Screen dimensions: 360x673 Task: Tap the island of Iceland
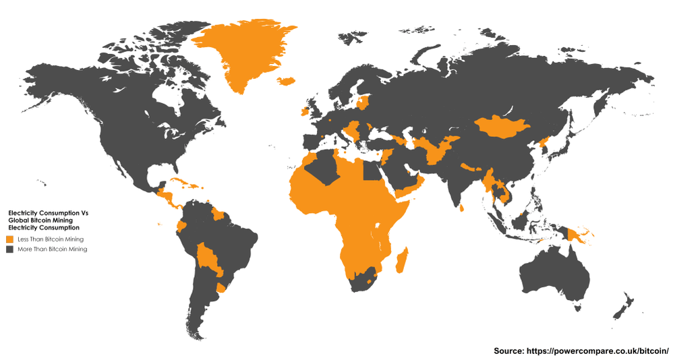[285, 81]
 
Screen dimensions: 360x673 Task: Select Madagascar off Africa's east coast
[401, 260]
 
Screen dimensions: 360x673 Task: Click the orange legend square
[10, 239]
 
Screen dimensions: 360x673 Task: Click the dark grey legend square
[10, 249]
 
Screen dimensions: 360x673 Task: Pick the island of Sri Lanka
[461, 208]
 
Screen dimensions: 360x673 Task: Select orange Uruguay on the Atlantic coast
[219, 289]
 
